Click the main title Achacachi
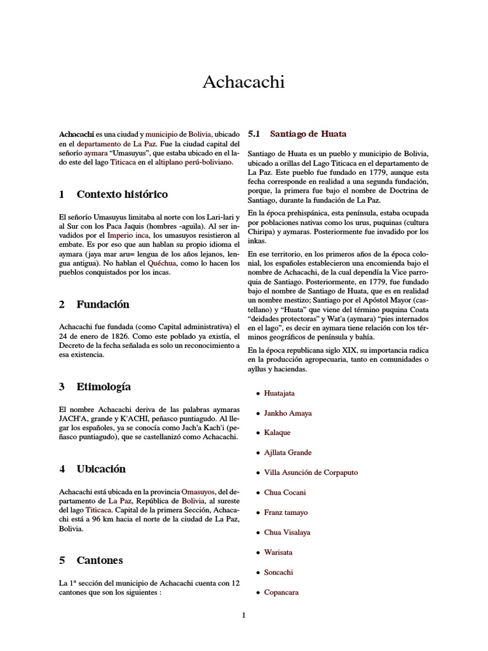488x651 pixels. pos(243,82)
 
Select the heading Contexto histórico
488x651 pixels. pos(122,194)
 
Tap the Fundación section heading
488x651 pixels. pos(103,305)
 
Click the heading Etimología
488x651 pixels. pos(104,387)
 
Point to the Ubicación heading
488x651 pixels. pos(101,469)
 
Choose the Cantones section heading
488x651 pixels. pos(100,561)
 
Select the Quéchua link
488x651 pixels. pos(162,263)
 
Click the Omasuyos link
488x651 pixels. pos(198,492)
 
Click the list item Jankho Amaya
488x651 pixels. pos(288,413)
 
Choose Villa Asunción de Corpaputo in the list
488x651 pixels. pos(311,472)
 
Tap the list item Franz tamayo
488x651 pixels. pos(287,512)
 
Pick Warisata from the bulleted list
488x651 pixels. pos(278,552)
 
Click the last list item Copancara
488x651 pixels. pos(281,592)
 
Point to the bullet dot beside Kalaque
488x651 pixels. pos(257,433)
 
